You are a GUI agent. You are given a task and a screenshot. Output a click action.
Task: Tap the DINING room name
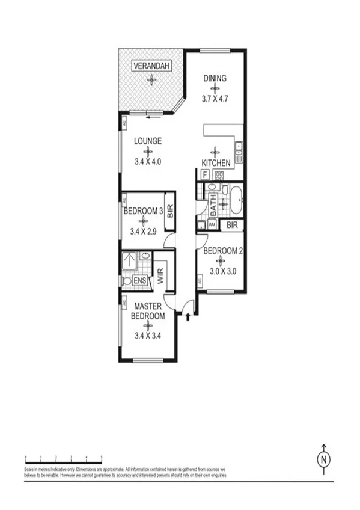(x=214, y=78)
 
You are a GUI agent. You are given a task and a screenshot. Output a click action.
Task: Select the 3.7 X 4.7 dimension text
(x=214, y=98)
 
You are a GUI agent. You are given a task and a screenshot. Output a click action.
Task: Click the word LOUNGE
(x=148, y=142)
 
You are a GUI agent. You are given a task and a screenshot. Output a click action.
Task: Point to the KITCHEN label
(x=216, y=163)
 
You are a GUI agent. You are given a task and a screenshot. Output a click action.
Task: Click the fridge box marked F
(x=205, y=175)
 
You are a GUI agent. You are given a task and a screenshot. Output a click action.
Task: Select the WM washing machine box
(x=212, y=224)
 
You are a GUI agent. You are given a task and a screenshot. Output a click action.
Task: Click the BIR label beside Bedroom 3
(x=170, y=211)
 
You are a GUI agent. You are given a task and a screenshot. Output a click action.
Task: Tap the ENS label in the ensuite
(x=139, y=280)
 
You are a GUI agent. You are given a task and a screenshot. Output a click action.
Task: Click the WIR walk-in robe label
(x=161, y=276)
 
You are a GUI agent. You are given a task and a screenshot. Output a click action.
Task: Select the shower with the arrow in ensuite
(x=129, y=260)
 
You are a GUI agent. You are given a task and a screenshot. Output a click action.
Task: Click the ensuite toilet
(x=127, y=281)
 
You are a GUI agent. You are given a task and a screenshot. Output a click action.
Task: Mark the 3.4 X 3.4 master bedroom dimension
(x=148, y=337)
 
